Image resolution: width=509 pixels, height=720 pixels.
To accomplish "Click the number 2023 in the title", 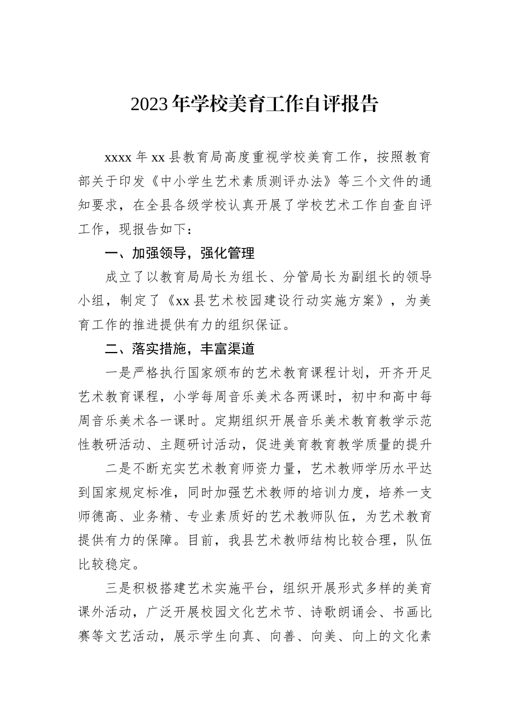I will [152, 104].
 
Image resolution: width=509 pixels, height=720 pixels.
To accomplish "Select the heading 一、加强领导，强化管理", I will [179, 253].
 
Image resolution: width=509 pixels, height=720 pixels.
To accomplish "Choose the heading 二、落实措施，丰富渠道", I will [179, 349].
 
